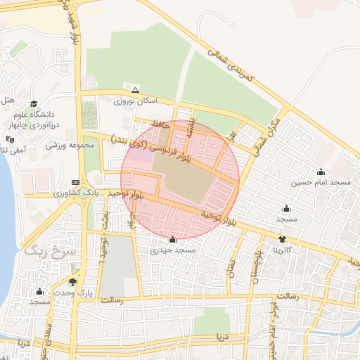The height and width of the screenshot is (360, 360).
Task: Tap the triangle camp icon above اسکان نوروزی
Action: (135, 90)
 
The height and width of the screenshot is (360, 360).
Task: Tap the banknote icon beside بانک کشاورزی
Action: (75, 182)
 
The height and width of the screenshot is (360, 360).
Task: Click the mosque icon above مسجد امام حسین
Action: (321, 172)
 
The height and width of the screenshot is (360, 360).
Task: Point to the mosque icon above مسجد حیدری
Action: (173, 240)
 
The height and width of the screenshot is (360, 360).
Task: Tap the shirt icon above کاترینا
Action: (283, 239)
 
